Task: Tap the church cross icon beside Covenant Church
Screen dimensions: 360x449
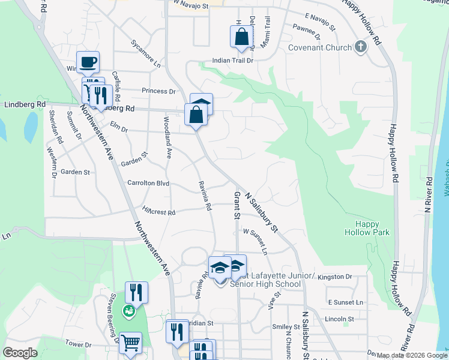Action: pos(360,47)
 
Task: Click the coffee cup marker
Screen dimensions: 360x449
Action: pos(88,62)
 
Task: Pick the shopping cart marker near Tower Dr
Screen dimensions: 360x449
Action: pos(130,343)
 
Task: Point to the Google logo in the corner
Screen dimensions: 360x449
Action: pos(20,353)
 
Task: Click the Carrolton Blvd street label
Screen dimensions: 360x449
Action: pos(148,183)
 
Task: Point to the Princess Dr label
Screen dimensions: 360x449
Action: pos(158,91)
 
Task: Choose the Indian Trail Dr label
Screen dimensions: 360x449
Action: pos(232,61)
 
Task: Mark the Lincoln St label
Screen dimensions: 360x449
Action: pos(339,319)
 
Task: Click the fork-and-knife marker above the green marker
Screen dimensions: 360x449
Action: pos(136,292)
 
